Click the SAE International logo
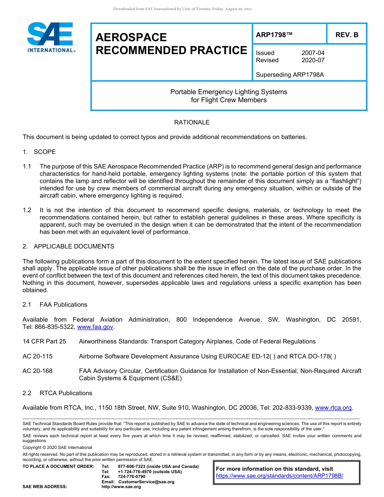click(x=51, y=38)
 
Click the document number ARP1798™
click(x=274, y=35)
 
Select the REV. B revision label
click(x=346, y=35)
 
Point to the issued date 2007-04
click(x=313, y=53)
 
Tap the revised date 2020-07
click(x=313, y=60)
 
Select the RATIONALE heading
click(x=192, y=122)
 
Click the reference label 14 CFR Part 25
click(x=44, y=341)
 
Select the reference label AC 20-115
click(x=38, y=356)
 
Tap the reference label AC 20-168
click(x=38, y=371)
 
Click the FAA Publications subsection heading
click(x=63, y=305)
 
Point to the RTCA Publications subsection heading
click(x=65, y=393)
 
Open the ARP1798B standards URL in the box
click(x=279, y=476)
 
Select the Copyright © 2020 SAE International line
click(x=57, y=448)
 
